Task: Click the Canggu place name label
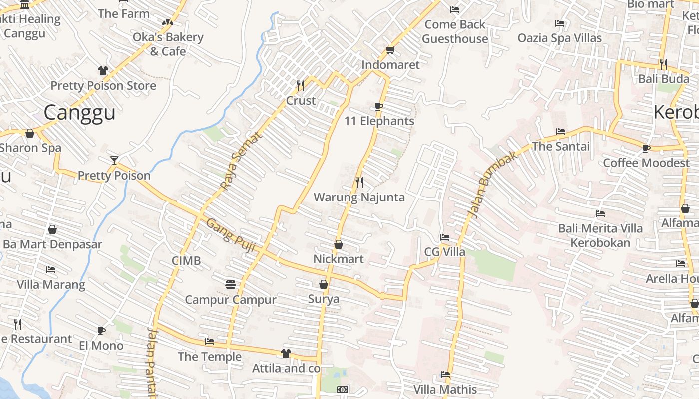[79, 112]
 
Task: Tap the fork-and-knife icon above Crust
[300, 86]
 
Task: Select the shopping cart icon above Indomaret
[390, 50]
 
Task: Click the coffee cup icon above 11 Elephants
[378, 106]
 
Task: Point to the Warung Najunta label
[359, 197]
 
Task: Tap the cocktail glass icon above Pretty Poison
[114, 161]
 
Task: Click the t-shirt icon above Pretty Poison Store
[103, 71]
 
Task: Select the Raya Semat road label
[241, 161]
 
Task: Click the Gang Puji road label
[227, 235]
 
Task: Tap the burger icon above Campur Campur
[230, 285]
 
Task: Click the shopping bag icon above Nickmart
[339, 244]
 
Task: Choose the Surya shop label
[324, 299]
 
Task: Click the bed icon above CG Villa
[444, 237]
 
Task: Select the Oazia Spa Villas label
[560, 38]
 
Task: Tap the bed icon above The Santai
[561, 132]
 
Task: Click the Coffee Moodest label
[646, 163]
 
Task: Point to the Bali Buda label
[664, 79]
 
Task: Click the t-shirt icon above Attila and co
[286, 354]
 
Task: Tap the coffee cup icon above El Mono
[101, 331]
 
